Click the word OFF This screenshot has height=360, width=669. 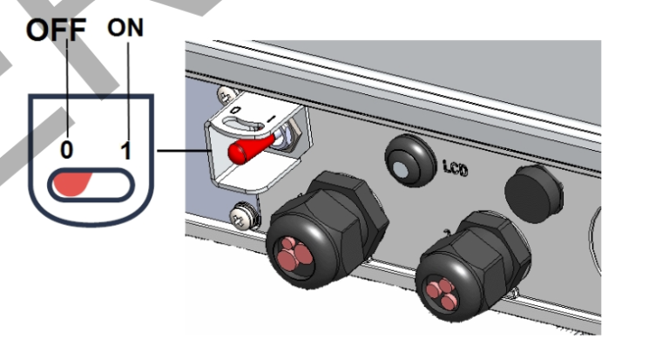[56, 30]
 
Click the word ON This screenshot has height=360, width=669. [125, 28]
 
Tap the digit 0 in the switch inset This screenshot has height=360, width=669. [66, 150]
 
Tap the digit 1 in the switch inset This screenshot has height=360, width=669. [125, 151]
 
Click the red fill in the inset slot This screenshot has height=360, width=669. [72, 184]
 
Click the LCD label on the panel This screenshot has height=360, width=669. [456, 167]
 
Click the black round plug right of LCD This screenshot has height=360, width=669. [533, 194]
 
